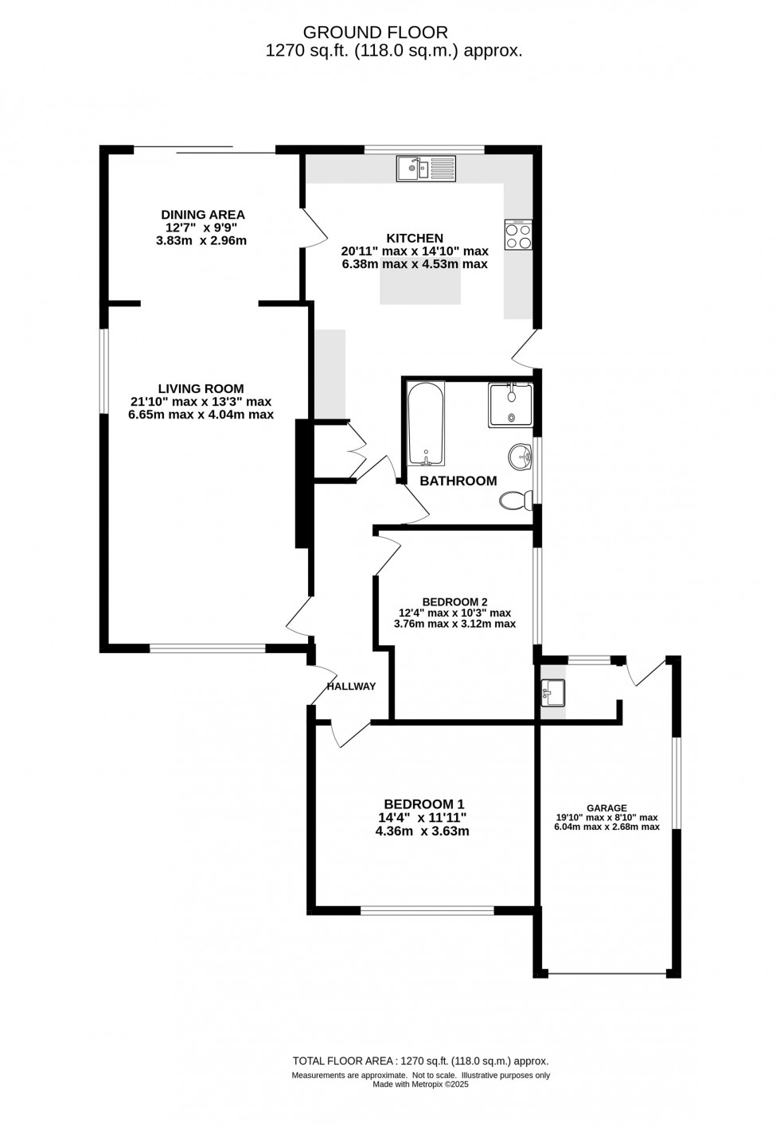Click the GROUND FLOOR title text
(376, 33)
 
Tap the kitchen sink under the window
(426, 168)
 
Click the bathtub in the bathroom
(426, 423)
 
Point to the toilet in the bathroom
(515, 500)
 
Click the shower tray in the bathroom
(510, 405)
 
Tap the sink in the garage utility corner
(552, 691)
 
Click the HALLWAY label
(351, 686)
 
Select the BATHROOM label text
(458, 481)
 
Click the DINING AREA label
(203, 215)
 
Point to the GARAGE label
(606, 808)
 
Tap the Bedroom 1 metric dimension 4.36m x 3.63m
(422, 831)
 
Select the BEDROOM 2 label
(454, 601)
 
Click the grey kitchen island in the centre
(420, 286)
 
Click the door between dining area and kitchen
(314, 228)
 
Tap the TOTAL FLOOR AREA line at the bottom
(420, 1061)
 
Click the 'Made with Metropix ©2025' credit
(420, 1084)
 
